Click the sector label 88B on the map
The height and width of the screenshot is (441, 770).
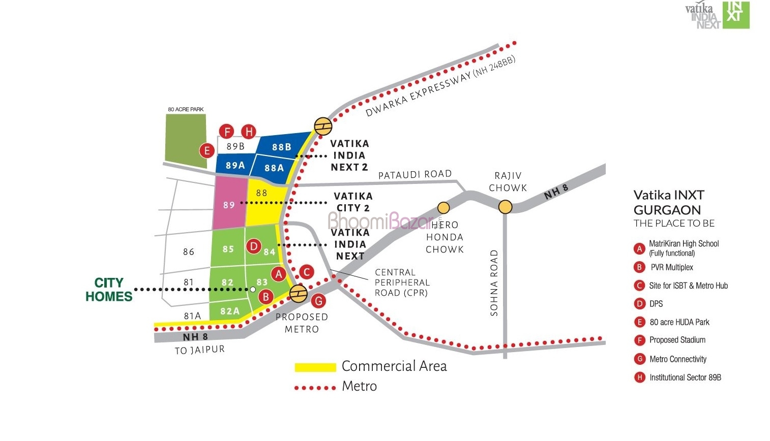(x=281, y=147)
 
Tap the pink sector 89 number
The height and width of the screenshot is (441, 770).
(x=229, y=205)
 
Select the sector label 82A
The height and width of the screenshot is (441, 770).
(x=230, y=311)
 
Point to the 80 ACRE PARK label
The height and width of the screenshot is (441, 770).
(x=186, y=109)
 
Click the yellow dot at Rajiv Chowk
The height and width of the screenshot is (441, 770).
(x=505, y=207)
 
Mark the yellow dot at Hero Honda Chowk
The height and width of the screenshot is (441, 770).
(x=443, y=207)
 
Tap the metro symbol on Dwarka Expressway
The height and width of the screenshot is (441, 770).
(x=323, y=125)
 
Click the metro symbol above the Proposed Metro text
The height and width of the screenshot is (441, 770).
(x=298, y=293)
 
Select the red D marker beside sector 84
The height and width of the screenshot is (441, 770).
(x=253, y=247)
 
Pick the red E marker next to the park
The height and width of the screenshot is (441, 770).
(x=206, y=150)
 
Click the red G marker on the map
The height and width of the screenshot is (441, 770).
(x=318, y=301)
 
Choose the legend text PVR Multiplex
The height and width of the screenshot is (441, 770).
(x=671, y=267)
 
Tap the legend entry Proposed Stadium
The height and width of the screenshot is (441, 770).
(x=677, y=340)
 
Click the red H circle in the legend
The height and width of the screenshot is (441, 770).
(x=639, y=377)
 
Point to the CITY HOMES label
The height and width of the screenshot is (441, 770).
(x=109, y=290)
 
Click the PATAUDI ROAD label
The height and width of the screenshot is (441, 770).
(x=415, y=174)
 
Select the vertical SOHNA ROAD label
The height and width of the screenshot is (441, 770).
(x=494, y=283)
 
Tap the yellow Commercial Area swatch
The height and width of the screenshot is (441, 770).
(x=315, y=367)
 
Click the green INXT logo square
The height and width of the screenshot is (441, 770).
(x=736, y=14)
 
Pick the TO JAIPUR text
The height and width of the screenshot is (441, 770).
(x=199, y=350)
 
